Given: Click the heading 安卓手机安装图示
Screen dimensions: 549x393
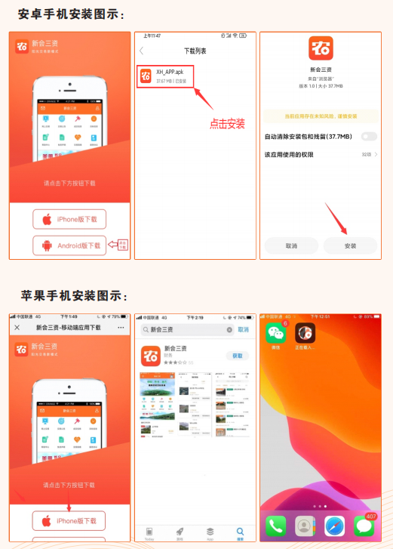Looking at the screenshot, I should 71,14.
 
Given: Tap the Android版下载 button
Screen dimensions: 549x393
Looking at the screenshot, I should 69,245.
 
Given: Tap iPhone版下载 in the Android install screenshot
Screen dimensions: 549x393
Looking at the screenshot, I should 69,219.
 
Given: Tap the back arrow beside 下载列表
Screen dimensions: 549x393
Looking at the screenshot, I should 142,51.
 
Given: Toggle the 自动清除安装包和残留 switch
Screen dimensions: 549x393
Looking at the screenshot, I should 368,136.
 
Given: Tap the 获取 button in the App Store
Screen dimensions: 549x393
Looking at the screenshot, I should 238,356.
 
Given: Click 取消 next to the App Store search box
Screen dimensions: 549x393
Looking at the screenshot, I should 243,330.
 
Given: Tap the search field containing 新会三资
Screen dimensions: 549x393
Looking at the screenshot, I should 186,330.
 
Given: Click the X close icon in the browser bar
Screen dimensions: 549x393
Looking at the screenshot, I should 17,328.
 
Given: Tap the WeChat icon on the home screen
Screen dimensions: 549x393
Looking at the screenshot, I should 275,332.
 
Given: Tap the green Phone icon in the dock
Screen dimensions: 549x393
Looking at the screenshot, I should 275,526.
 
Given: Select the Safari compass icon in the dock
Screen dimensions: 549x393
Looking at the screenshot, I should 335,526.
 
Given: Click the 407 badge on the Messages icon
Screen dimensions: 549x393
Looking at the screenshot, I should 370,517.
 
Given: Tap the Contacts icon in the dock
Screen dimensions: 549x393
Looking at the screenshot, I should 305,526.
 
